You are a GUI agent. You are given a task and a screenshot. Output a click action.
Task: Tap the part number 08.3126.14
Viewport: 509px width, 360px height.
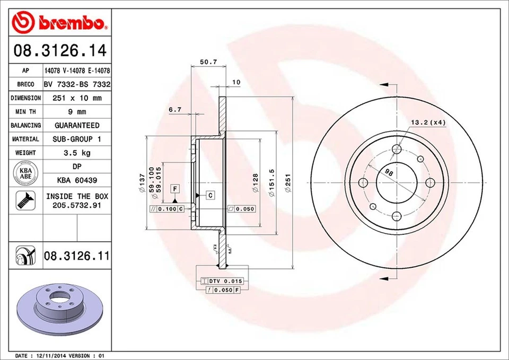click(60, 51)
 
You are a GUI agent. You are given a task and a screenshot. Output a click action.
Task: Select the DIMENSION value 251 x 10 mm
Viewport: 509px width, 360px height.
click(77, 98)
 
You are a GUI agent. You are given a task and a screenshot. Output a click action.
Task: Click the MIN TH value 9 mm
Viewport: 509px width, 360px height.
click(77, 112)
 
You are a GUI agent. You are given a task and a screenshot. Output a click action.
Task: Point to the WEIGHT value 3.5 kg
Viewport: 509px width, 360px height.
click(77, 153)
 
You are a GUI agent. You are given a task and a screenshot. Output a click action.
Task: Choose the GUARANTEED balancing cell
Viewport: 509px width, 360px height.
click(77, 125)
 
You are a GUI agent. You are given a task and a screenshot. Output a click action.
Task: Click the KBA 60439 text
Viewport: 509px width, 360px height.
click(77, 181)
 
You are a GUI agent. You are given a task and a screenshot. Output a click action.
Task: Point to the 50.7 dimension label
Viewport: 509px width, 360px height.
click(208, 62)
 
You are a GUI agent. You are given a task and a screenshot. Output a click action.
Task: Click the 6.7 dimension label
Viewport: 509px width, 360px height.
click(175, 110)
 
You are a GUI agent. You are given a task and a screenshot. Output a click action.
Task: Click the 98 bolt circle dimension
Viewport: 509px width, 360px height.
click(389, 172)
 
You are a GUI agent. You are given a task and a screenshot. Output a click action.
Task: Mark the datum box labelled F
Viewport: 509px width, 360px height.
click(174, 189)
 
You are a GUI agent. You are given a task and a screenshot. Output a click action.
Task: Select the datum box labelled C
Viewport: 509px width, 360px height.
click(210, 196)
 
